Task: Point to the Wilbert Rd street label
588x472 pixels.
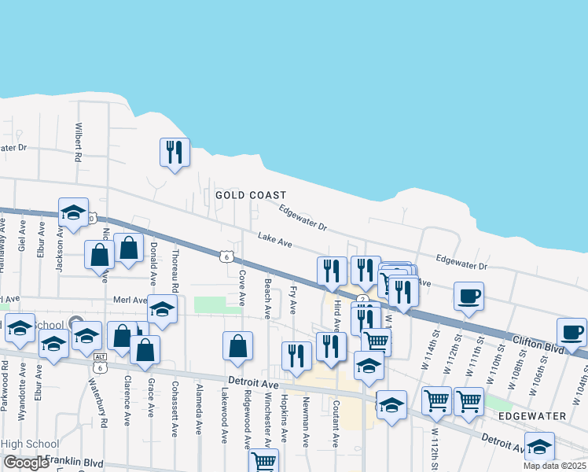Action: [x=79, y=142]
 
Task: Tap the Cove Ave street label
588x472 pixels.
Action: [x=242, y=289]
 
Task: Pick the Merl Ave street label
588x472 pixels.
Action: [x=130, y=300]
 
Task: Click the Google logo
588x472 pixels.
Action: [x=27, y=463]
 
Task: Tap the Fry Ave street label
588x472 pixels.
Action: [x=292, y=300]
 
